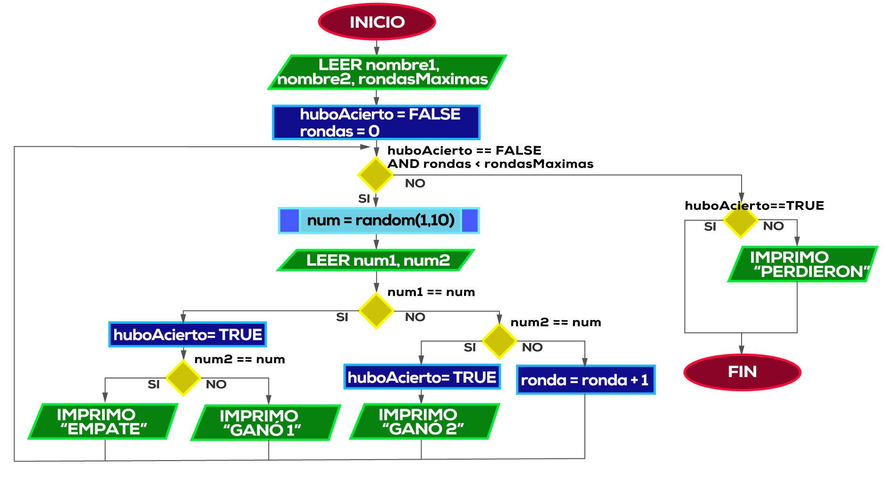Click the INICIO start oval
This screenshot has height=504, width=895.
[377, 22]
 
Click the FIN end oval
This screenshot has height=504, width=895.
[742, 372]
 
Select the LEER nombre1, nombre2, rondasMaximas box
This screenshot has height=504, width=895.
[387, 72]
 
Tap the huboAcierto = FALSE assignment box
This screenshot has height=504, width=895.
[376, 122]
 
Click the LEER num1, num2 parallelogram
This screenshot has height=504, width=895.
[376, 260]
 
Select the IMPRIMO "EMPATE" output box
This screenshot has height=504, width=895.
[103, 421]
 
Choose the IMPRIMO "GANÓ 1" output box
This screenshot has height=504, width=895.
[265, 423]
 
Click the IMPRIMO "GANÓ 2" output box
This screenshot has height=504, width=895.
[424, 421]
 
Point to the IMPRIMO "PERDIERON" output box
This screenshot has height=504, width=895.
[802, 264]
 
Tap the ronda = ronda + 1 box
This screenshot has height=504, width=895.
[585, 380]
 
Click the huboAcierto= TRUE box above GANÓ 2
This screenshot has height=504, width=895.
[422, 377]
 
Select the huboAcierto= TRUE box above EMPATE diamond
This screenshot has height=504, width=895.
[187, 335]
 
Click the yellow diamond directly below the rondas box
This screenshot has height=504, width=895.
[376, 175]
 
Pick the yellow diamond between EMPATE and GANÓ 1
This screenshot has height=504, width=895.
[183, 378]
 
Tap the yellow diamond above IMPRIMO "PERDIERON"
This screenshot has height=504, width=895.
[741, 220]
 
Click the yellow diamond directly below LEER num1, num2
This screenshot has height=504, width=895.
[376, 311]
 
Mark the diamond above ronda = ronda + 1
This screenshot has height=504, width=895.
[499, 341]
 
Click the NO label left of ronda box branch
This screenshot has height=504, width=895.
[532, 347]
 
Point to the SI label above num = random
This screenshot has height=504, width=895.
[364, 199]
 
